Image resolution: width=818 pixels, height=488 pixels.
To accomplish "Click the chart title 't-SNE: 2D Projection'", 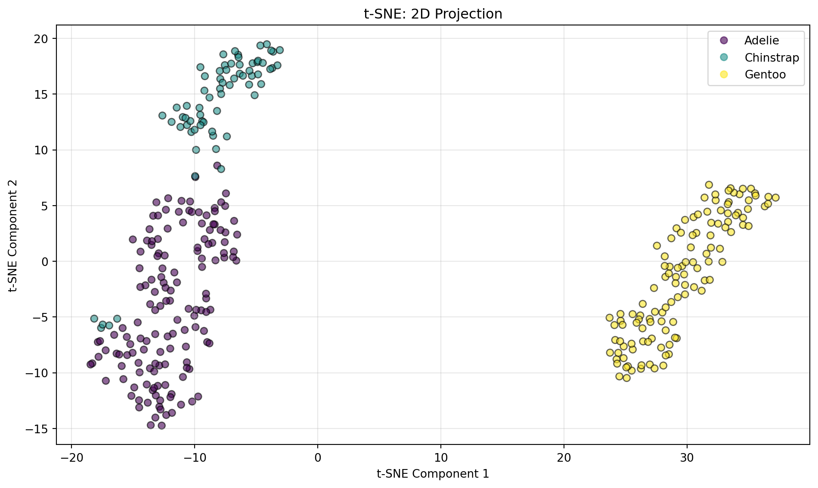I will (433, 14).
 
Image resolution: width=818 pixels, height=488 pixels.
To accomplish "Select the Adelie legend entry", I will (761, 41).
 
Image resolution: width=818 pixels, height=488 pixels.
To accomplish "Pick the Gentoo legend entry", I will (765, 75).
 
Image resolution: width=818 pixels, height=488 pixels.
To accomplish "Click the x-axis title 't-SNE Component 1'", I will (433, 474).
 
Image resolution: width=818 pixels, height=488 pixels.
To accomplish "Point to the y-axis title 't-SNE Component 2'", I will (14, 235).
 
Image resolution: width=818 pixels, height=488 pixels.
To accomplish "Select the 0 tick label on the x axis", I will (318, 457).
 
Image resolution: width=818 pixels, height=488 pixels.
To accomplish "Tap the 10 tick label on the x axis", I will (441, 457).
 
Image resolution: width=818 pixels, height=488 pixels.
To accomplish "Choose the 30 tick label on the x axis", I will (687, 457).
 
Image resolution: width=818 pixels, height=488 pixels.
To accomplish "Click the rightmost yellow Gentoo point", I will (775, 197).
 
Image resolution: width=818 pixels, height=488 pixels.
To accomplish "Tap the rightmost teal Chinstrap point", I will (280, 50).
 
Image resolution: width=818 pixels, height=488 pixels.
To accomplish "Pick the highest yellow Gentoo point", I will (709, 185).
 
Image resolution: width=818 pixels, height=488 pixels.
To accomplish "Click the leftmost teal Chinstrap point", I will (94, 319).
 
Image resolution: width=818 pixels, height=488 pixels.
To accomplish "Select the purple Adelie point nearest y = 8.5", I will (217, 166).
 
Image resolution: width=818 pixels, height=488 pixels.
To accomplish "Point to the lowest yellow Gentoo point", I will (626, 378).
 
